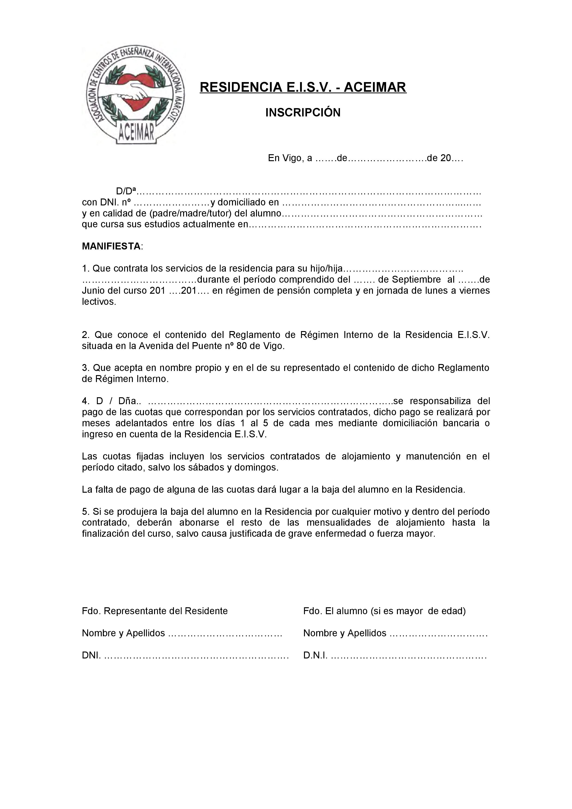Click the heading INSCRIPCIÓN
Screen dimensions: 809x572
303,113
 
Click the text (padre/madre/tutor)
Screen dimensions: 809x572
191,213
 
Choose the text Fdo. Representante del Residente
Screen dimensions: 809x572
155,611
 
